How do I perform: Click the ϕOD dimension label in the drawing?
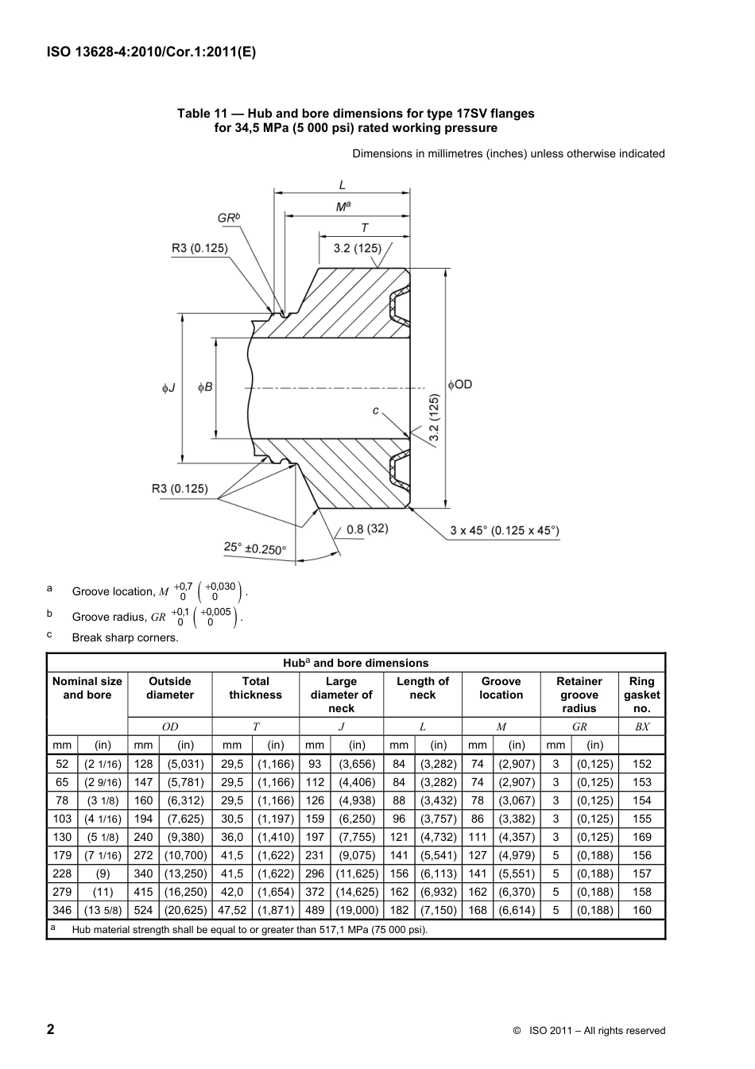click(x=460, y=384)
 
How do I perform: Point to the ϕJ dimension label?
click(x=168, y=388)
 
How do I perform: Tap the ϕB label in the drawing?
click(x=205, y=387)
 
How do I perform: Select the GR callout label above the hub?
click(x=229, y=218)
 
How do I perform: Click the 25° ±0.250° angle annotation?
click(x=254, y=548)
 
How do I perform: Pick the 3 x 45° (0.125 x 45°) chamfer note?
click(x=504, y=530)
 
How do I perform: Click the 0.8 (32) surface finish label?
click(x=367, y=529)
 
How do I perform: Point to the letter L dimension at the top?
click(x=343, y=184)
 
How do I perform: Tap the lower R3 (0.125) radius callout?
click(x=180, y=488)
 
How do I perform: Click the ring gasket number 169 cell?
click(x=641, y=837)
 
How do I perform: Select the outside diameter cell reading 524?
click(x=143, y=910)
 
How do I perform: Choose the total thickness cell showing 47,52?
click(x=232, y=910)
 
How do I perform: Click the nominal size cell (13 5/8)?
click(x=103, y=910)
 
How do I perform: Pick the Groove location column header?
click(x=501, y=687)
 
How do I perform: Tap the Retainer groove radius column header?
click(x=579, y=694)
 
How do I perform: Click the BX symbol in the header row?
click(x=641, y=726)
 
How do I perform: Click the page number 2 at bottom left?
click(x=51, y=1029)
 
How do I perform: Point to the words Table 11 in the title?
click(x=202, y=113)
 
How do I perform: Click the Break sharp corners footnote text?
click(x=125, y=637)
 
